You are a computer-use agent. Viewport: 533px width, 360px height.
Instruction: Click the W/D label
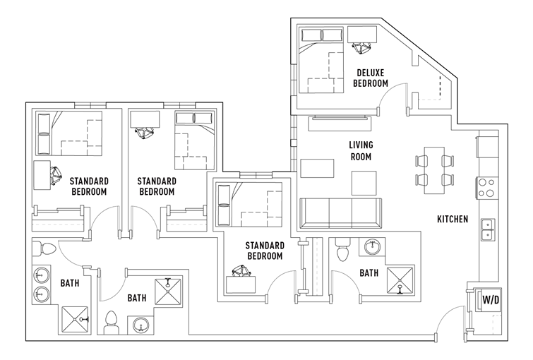point(491,300)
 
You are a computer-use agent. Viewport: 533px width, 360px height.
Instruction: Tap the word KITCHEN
point(453,220)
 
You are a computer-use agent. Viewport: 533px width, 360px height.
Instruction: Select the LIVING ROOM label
point(361,150)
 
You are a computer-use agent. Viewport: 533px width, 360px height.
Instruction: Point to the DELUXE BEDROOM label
point(371,78)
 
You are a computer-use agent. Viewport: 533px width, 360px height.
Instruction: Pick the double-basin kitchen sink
point(488,229)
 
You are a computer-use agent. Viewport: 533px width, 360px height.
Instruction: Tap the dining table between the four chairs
point(434,170)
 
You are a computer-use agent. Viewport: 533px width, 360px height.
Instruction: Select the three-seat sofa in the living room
point(340,214)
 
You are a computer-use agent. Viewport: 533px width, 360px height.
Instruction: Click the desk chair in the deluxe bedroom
point(361,47)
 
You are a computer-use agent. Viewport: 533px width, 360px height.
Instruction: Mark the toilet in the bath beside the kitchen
point(342,249)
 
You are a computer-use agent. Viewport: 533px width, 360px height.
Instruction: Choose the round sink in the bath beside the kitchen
point(373,247)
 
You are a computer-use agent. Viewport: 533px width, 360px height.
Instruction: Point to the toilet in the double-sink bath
point(44,248)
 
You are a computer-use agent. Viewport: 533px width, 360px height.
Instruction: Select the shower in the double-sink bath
point(75,320)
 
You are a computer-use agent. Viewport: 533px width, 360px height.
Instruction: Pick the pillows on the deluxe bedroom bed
point(322,35)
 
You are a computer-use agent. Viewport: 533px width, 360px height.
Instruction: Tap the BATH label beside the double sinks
point(70,283)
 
